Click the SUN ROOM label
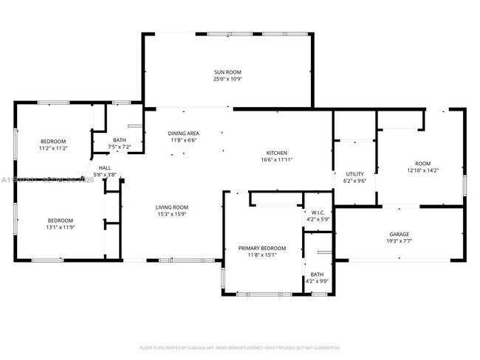(x=227, y=72)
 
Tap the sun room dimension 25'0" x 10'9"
(x=227, y=79)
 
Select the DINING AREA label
(x=183, y=134)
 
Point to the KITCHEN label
(x=277, y=153)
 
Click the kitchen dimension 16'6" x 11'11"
(x=277, y=159)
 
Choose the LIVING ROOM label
(x=171, y=207)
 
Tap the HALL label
(x=105, y=167)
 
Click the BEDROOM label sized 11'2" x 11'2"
(x=53, y=141)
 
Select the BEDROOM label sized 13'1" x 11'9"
(x=61, y=220)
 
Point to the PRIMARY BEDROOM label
(x=261, y=249)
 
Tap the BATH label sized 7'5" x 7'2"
(x=120, y=140)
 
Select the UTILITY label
(x=355, y=174)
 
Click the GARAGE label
(x=399, y=234)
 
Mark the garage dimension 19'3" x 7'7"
(x=399, y=240)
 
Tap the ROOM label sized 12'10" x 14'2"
(x=422, y=164)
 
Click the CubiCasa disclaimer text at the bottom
(x=240, y=347)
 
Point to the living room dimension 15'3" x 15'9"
(x=171, y=214)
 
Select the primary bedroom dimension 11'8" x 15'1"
(x=261, y=255)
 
